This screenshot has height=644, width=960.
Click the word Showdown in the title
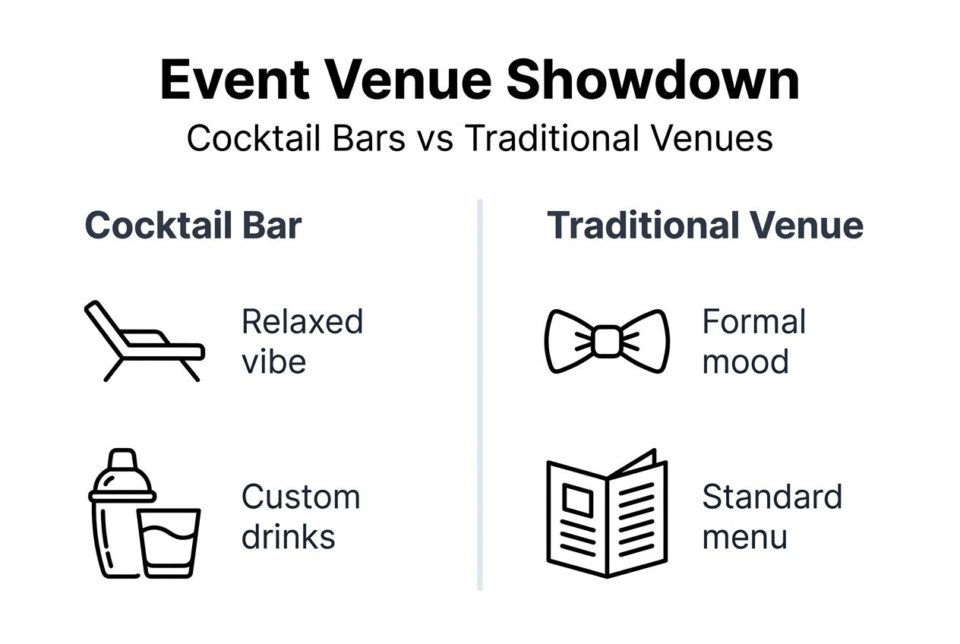point(652,80)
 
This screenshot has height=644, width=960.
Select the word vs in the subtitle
point(435,139)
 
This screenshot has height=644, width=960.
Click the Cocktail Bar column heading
point(193,226)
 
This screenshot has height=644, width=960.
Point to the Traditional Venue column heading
point(705,226)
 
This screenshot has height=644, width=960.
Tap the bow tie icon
point(607,341)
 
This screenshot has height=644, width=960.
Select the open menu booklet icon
point(607,513)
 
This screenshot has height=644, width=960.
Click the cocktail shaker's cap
point(122,460)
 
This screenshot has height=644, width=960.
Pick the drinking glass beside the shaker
point(169,542)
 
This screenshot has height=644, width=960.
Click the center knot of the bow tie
point(607,341)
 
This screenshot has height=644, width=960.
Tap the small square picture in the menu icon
point(578,500)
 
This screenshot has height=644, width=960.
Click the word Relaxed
point(302,321)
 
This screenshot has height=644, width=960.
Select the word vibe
point(273,361)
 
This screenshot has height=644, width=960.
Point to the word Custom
point(301,497)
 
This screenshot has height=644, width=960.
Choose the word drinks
point(288,537)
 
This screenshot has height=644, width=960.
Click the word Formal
point(753,321)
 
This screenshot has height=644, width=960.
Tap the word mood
point(745,361)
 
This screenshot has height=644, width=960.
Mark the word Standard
point(772,497)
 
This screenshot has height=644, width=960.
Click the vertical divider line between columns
point(480,395)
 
